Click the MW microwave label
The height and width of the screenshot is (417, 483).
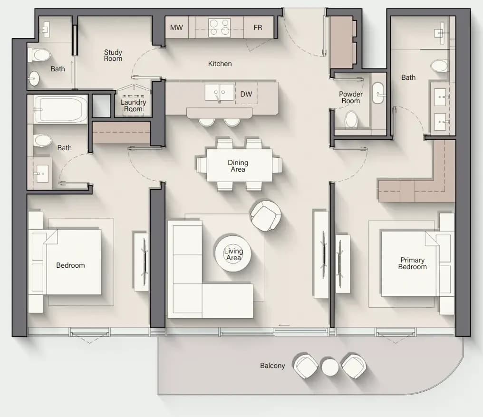coord(176,28)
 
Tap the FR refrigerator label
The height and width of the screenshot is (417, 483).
coord(258,28)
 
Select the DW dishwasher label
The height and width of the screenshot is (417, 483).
coord(246,94)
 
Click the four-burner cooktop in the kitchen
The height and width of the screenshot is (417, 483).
coord(219,28)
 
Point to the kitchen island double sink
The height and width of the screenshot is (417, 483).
coord(219,92)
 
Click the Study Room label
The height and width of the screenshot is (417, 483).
coord(113,56)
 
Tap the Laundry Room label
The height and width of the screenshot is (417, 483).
coord(133,106)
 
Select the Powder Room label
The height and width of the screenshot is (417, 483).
coord(350,97)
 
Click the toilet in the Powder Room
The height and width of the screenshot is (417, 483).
coord(351,119)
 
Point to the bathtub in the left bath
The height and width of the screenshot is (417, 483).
coord(60,109)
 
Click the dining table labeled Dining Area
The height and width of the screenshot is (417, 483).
coord(239,165)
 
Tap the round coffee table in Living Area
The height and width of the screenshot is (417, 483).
coord(233,254)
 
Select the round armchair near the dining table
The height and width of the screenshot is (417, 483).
coord(265,215)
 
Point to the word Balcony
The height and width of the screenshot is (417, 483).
coord(272,366)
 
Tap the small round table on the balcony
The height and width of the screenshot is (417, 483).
coord(330,367)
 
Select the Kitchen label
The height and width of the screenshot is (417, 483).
coord(220,64)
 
